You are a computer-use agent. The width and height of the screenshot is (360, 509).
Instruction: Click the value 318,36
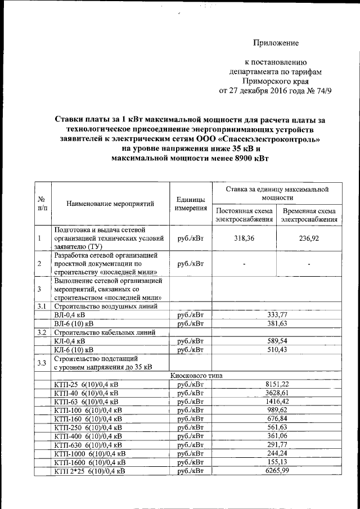[x=244, y=238]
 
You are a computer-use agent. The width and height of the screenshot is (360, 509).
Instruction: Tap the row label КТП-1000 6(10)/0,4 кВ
[x=90, y=453]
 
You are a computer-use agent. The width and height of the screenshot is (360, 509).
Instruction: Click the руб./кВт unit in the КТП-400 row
[x=190, y=436]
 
